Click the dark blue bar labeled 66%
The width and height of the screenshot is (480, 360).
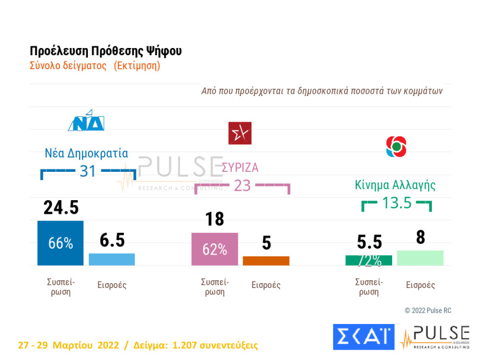coord(60,243)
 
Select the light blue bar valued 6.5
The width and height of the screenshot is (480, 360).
coord(112,259)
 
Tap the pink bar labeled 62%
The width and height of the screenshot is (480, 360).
coord(214,249)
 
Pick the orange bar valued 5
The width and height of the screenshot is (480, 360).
coord(266,261)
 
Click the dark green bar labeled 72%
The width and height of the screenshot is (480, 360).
coord(369,260)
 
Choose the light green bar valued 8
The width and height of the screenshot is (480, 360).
coord(420,258)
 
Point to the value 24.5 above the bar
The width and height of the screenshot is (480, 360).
coord(61,207)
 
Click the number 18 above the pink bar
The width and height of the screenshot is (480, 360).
coord(215,219)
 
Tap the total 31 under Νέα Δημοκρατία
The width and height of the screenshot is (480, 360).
coord(88,171)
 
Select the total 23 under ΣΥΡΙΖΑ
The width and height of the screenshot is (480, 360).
coord(242,185)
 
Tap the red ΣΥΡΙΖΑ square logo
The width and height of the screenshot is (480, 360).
coord(240,133)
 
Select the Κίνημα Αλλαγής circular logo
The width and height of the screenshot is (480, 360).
coord(396,146)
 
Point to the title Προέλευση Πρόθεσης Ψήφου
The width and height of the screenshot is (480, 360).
coord(106,51)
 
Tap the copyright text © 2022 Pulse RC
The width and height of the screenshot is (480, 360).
coord(428,310)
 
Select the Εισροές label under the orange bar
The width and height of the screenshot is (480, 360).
coord(266,285)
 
